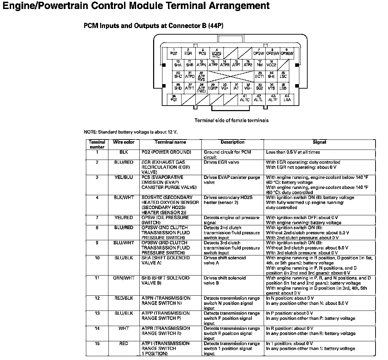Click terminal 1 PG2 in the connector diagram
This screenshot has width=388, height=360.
174,52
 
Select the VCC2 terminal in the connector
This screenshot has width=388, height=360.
272,64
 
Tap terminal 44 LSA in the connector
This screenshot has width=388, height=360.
287,99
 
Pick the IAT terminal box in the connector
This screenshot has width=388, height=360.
236,87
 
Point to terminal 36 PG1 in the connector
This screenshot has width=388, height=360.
174,99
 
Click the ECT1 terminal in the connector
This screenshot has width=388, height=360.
259,75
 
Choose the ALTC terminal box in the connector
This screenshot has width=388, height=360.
245,99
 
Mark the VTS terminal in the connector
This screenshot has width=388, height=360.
271,87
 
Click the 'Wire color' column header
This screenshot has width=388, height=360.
124,142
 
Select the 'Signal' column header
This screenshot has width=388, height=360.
319,142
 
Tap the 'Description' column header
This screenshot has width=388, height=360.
232,142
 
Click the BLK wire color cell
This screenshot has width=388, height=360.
124,152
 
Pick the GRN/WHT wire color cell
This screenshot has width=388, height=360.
124,278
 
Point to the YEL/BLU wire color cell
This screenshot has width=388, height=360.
124,178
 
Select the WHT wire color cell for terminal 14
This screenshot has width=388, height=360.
124,328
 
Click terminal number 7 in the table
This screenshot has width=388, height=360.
97,218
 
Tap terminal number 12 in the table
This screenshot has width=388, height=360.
97,298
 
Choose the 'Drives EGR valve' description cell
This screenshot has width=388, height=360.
221,162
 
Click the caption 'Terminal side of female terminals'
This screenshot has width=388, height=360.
231,120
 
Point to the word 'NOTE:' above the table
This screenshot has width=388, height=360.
91,132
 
